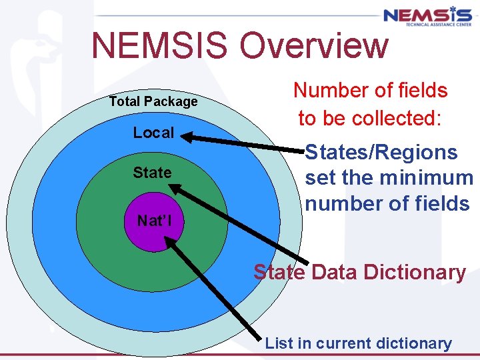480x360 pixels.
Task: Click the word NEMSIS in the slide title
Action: click(x=161, y=46)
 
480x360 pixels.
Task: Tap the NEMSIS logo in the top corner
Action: click(x=427, y=17)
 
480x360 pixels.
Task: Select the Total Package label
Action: click(x=153, y=102)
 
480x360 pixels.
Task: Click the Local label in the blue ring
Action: click(x=153, y=133)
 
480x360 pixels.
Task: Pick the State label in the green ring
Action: click(x=152, y=173)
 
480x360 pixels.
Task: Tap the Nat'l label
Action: click(x=154, y=221)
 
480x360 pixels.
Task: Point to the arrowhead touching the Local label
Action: click(x=189, y=138)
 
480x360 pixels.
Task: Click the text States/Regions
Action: click(x=381, y=153)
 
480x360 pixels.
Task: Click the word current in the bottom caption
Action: click(x=339, y=343)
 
